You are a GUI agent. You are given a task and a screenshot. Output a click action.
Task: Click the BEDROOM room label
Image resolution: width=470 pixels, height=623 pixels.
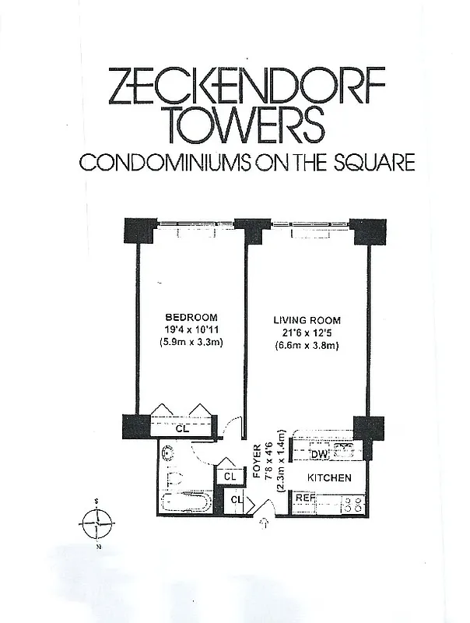pyautogui.click(x=191, y=318)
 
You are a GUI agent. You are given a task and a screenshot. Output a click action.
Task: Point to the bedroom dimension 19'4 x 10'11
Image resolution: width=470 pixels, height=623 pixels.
pyautogui.click(x=191, y=330)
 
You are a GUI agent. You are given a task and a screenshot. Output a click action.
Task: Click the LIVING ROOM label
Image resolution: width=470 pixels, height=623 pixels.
pyautogui.click(x=307, y=320)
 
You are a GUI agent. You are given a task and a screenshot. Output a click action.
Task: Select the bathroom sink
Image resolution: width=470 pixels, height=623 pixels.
pyautogui.click(x=169, y=452)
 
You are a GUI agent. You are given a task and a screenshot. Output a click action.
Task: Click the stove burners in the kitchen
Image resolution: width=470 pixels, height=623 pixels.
pyautogui.click(x=354, y=503)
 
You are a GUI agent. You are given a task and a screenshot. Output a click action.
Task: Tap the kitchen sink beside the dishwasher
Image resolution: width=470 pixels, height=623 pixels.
pyautogui.click(x=342, y=450)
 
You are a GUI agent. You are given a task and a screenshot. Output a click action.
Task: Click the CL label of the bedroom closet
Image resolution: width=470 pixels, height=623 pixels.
pyautogui.click(x=181, y=428)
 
